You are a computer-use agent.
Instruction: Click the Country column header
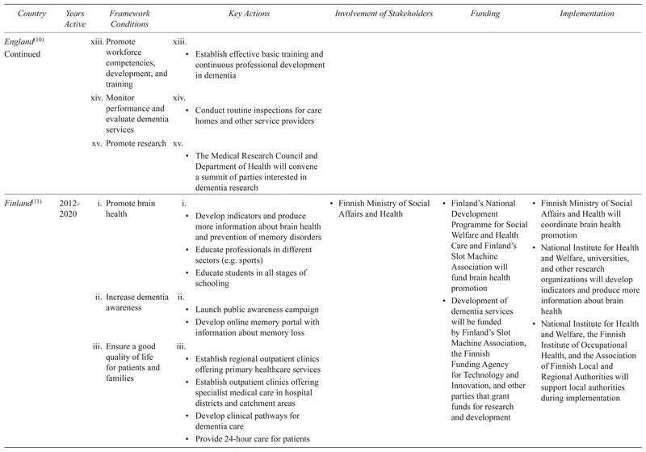[x=22, y=14]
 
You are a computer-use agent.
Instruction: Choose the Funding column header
[x=487, y=14]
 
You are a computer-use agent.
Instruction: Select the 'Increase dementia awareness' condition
[x=134, y=303]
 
